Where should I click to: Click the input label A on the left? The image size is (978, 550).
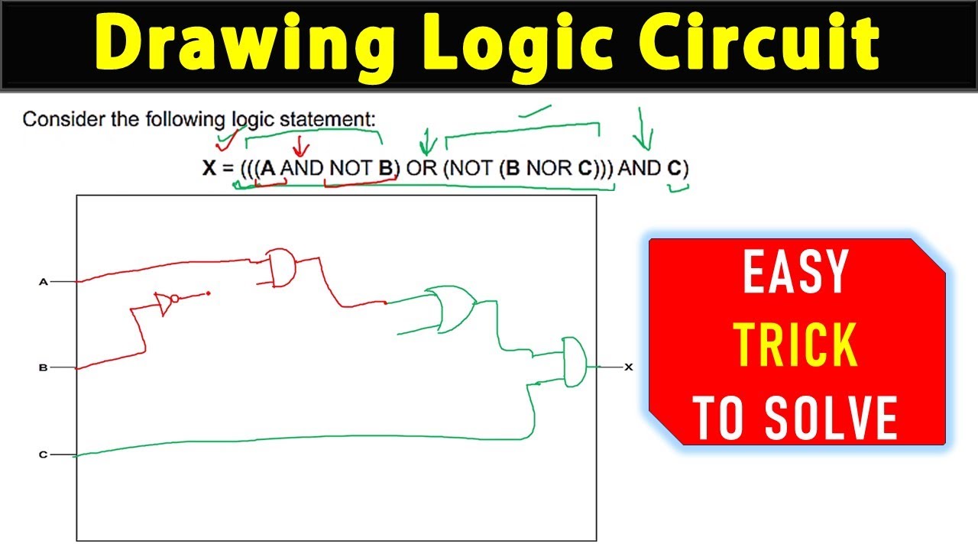tap(44, 282)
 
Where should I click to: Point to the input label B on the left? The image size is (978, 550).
tap(44, 368)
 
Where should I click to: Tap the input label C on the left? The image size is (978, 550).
tap(44, 455)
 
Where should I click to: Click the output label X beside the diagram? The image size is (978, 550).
tap(629, 367)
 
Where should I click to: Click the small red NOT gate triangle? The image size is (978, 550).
tap(164, 303)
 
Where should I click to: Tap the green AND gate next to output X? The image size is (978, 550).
tap(574, 361)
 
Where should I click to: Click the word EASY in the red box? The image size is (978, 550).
tap(795, 273)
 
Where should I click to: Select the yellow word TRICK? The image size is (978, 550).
tap(795, 346)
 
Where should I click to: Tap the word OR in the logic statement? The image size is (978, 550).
tap(421, 168)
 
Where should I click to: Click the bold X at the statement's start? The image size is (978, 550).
tap(209, 168)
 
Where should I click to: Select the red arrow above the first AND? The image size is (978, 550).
tap(300, 144)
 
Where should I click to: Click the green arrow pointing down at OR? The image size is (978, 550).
tap(427, 141)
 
